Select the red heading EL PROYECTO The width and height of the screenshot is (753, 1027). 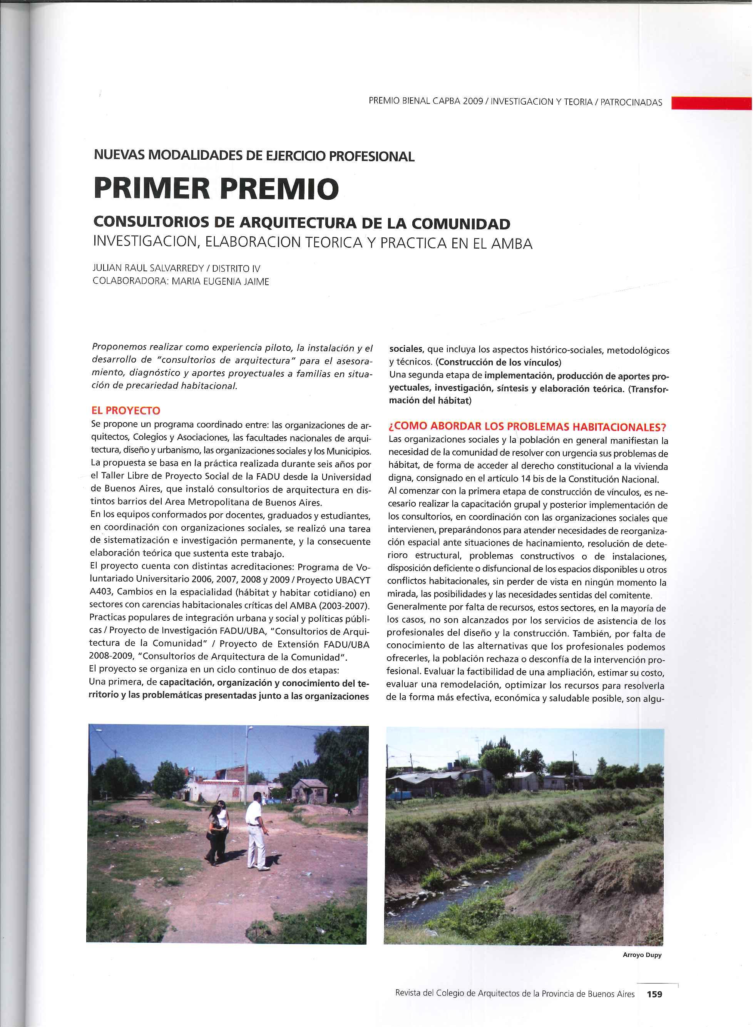click(126, 411)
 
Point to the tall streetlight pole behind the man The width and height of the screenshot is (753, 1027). click(247, 770)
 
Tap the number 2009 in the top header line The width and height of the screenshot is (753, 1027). click(472, 102)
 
